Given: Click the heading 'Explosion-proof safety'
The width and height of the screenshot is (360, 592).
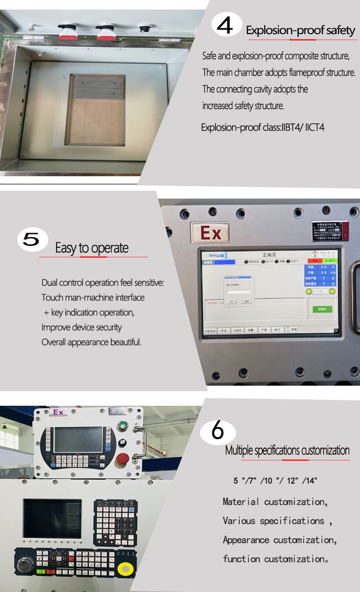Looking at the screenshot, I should [300, 31].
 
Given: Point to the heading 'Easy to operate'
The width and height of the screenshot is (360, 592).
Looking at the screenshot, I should [92, 248].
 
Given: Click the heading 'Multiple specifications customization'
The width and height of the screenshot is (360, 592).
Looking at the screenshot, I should [287, 450].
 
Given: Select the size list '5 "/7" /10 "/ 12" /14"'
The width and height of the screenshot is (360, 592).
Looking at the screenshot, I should [275, 480].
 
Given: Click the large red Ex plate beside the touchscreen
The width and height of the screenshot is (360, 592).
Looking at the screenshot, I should [210, 233].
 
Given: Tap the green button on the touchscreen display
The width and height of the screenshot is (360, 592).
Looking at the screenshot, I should [322, 309].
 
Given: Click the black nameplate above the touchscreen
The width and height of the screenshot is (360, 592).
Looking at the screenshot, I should [330, 231].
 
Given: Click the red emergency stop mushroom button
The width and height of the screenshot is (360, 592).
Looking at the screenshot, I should [123, 459].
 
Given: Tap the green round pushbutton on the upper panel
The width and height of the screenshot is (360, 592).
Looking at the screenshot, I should [122, 426].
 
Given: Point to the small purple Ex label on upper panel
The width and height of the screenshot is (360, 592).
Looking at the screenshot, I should [59, 412].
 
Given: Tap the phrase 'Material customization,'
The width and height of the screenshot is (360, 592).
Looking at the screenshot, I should [275, 502].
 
